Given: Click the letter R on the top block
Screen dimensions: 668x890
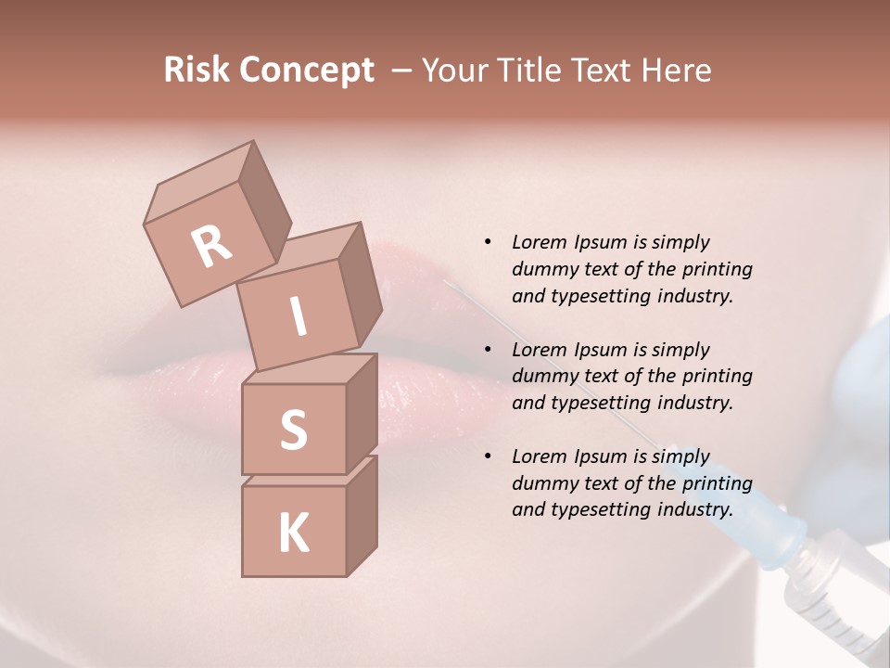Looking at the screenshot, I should [211, 246].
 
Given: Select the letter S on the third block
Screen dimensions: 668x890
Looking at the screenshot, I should [294, 430].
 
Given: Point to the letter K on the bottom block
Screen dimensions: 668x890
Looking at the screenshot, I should [294, 533].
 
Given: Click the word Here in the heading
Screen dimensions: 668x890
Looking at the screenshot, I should [677, 70].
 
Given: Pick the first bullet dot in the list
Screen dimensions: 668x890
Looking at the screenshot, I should [488, 242].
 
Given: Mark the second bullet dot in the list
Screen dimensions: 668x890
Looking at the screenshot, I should [488, 350].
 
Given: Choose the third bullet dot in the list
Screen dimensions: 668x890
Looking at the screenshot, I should [488, 456].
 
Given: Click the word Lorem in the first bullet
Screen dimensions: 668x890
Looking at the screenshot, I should [540, 242].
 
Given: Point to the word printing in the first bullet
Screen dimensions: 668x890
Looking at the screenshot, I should [718, 269].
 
